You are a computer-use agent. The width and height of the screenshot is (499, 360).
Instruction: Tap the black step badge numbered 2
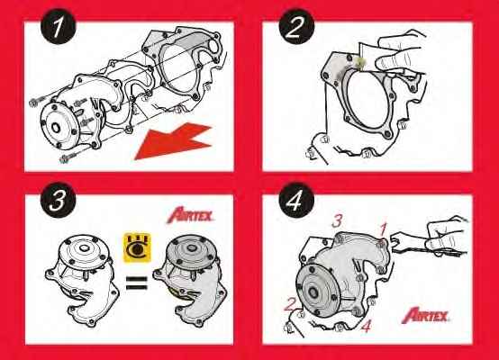coord(294,30)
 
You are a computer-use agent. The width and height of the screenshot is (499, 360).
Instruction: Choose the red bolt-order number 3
coord(335,220)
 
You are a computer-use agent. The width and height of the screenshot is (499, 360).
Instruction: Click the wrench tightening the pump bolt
coord(405,241)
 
